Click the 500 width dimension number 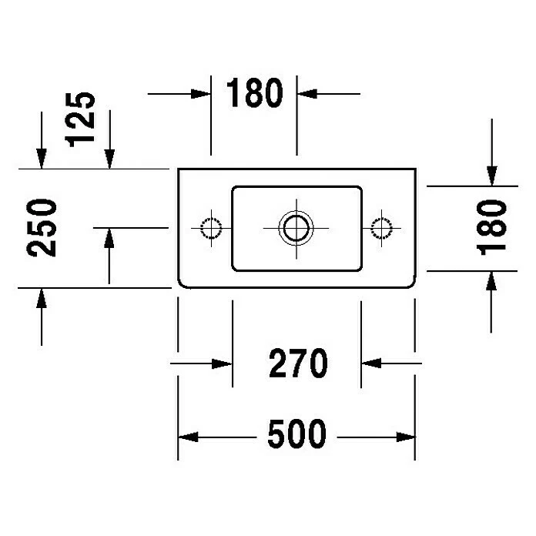[x=297, y=436]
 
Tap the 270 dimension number [x=298, y=363]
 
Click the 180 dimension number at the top [x=254, y=94]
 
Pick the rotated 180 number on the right [x=491, y=227]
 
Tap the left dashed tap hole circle [x=210, y=227]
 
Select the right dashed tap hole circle [x=380, y=227]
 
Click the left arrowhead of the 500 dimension [x=189, y=437]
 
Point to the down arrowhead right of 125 [x=109, y=157]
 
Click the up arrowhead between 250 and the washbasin [x=109, y=239]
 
